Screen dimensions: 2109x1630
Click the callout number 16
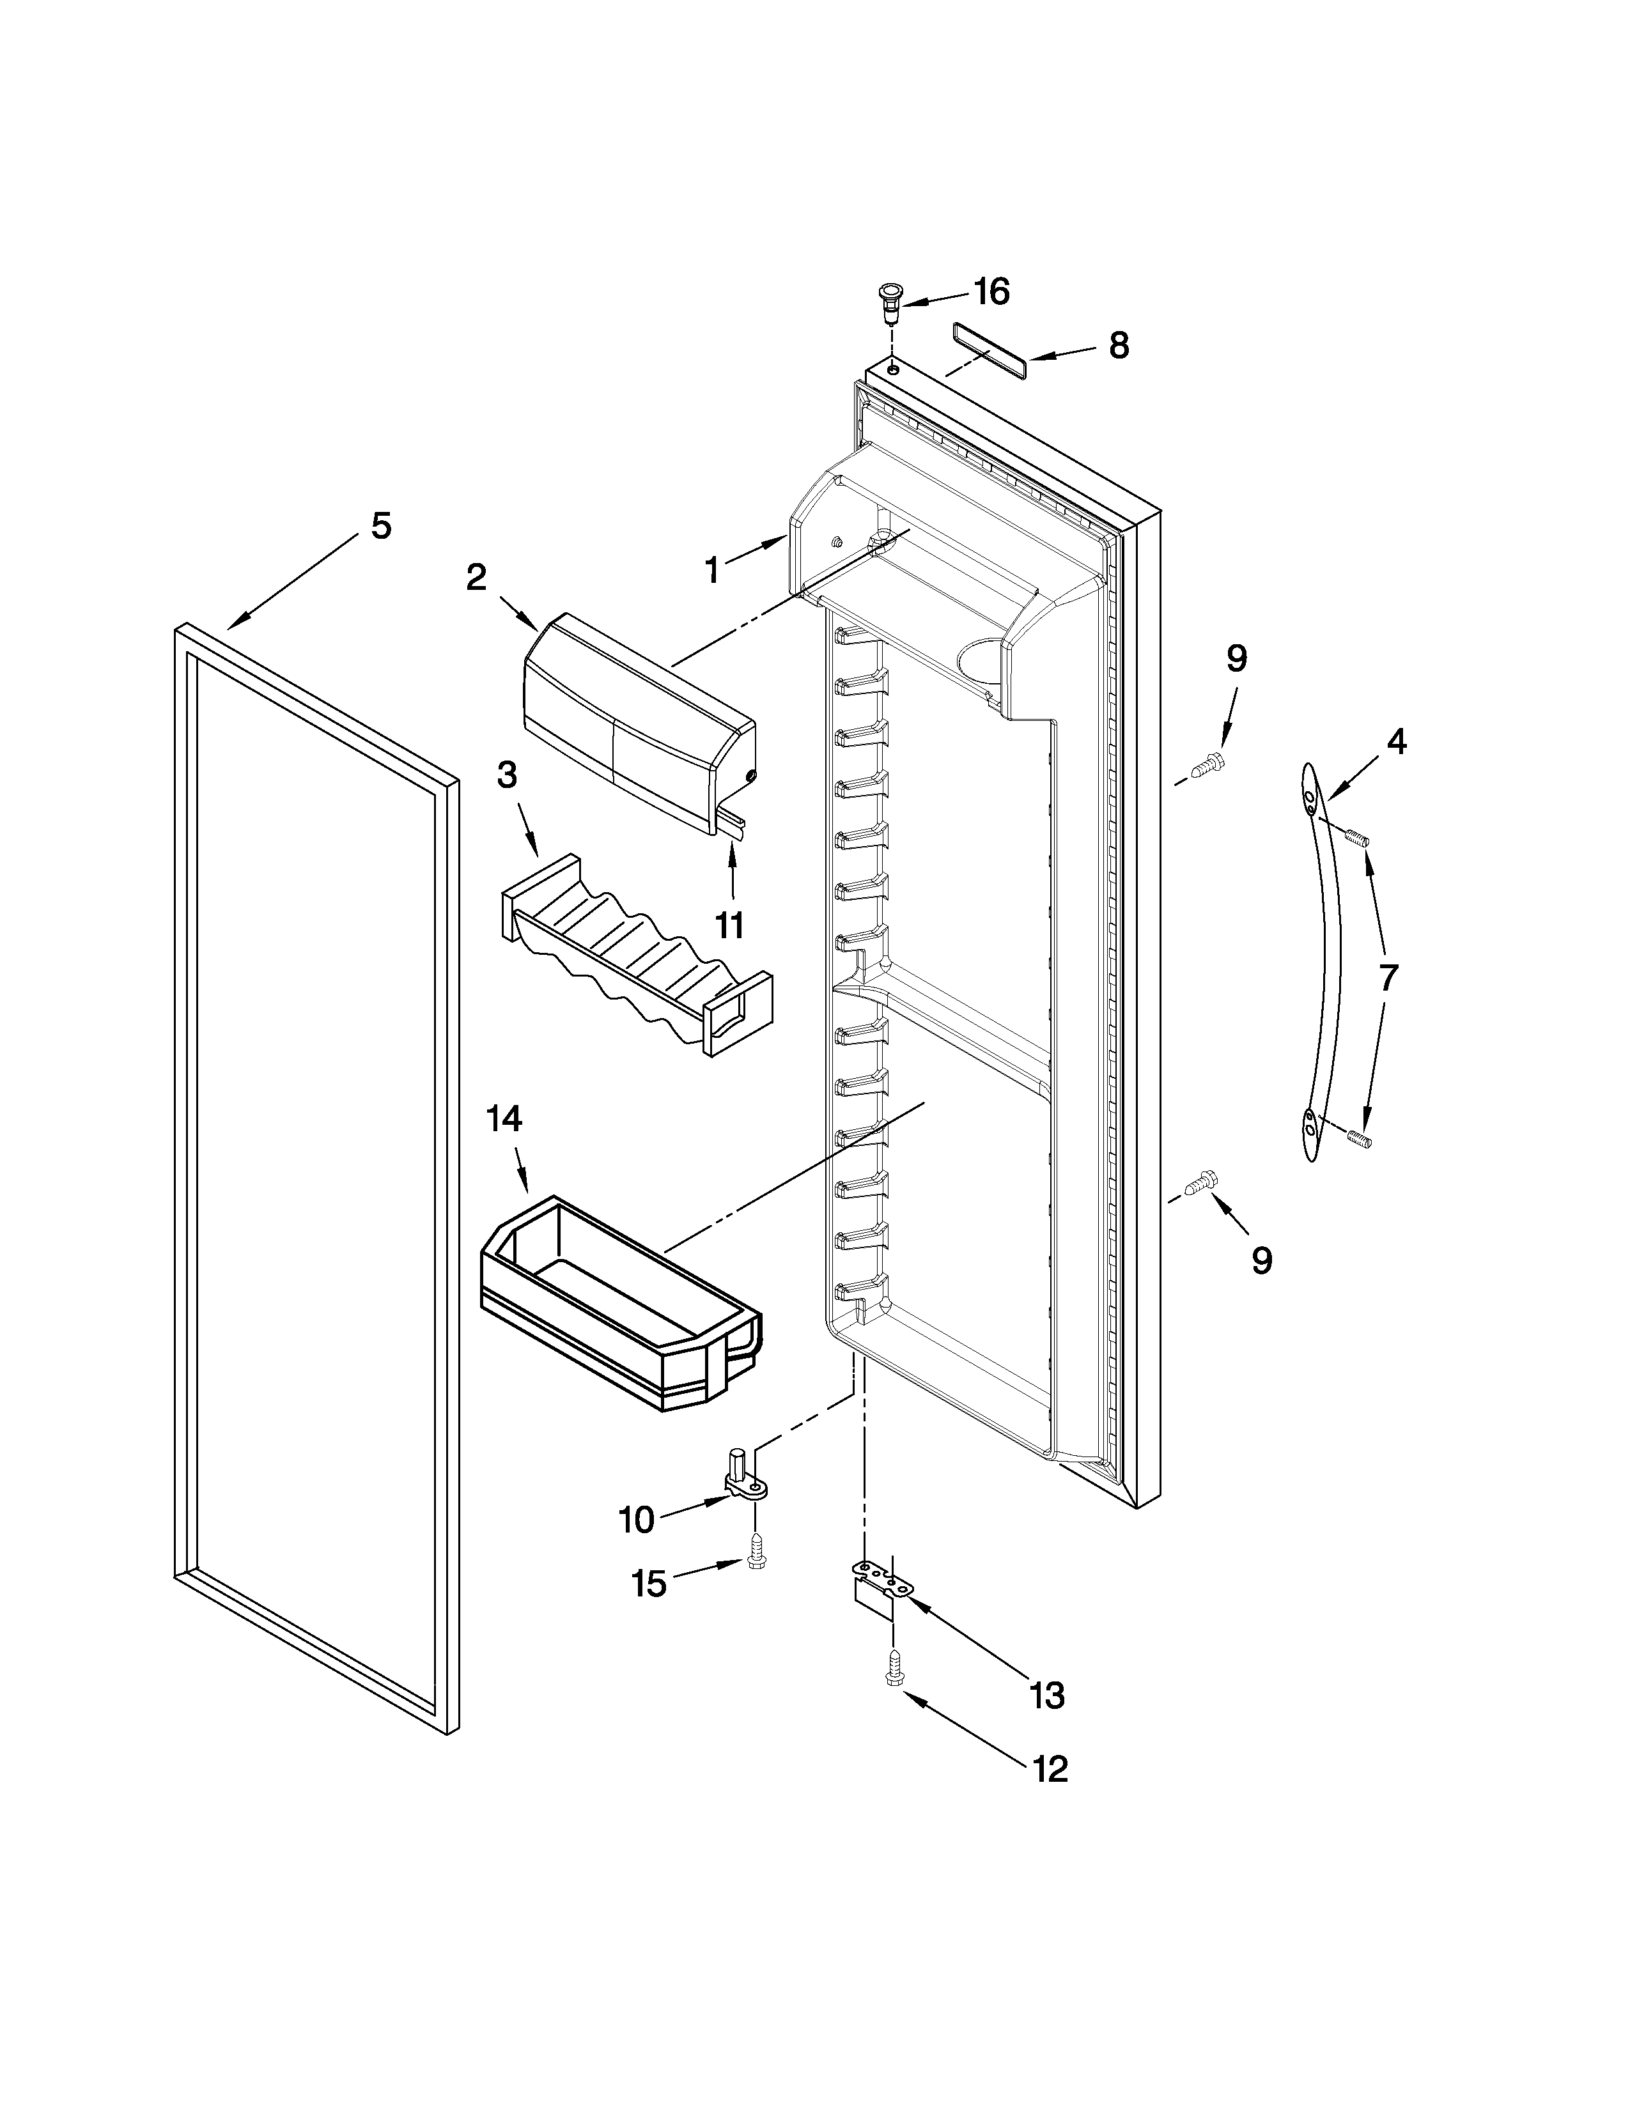(x=991, y=291)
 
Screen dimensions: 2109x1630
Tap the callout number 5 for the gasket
(x=382, y=526)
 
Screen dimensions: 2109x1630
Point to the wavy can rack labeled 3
(x=637, y=956)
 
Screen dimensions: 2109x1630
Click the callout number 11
(x=729, y=925)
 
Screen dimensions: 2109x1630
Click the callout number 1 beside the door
(x=711, y=571)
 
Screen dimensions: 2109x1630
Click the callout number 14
(x=504, y=1118)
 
